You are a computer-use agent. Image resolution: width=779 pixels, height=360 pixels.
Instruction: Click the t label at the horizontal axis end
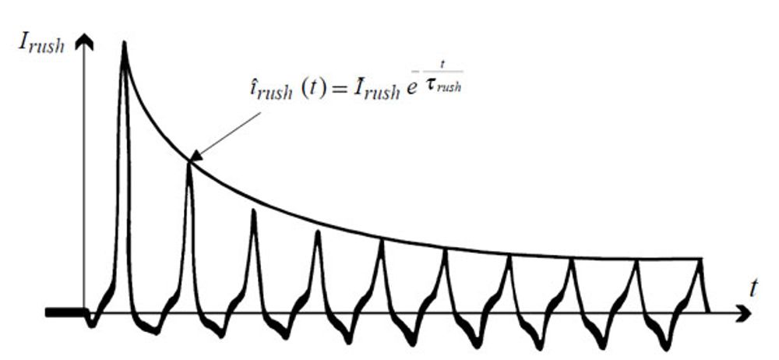(x=753, y=288)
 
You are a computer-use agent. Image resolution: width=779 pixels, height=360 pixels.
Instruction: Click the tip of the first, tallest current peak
(x=124, y=44)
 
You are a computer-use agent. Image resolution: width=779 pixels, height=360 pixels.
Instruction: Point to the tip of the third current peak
(x=253, y=211)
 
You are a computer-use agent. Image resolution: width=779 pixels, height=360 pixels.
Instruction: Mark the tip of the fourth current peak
(x=317, y=232)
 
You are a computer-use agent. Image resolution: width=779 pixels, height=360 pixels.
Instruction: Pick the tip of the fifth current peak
(x=382, y=242)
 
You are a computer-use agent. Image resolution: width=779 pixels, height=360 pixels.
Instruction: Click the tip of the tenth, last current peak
(x=700, y=260)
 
